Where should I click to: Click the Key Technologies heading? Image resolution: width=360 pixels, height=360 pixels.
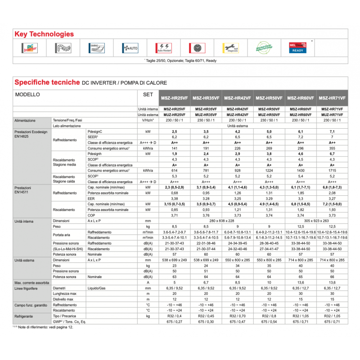(x=44, y=34)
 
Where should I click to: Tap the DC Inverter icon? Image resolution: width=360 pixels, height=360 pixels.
(x=31, y=48)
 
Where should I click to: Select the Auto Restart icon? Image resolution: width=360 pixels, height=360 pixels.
(x=162, y=48)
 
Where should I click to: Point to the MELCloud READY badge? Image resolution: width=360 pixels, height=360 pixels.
(x=298, y=48)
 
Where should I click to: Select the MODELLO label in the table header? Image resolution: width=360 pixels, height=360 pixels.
(x=27, y=95)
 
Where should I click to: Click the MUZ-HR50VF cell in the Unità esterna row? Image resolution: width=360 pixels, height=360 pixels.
(x=269, y=115)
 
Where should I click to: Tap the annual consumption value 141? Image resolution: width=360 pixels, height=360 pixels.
(x=174, y=148)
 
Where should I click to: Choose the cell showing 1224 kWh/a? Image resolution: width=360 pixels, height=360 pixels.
(x=269, y=171)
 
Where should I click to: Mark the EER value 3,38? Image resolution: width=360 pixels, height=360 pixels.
(x=174, y=198)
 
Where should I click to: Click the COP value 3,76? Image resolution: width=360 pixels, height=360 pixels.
(x=206, y=215)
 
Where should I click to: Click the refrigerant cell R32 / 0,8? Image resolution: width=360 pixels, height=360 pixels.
(x=269, y=316)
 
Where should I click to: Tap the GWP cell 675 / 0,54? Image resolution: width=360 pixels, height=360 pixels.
(x=269, y=322)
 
